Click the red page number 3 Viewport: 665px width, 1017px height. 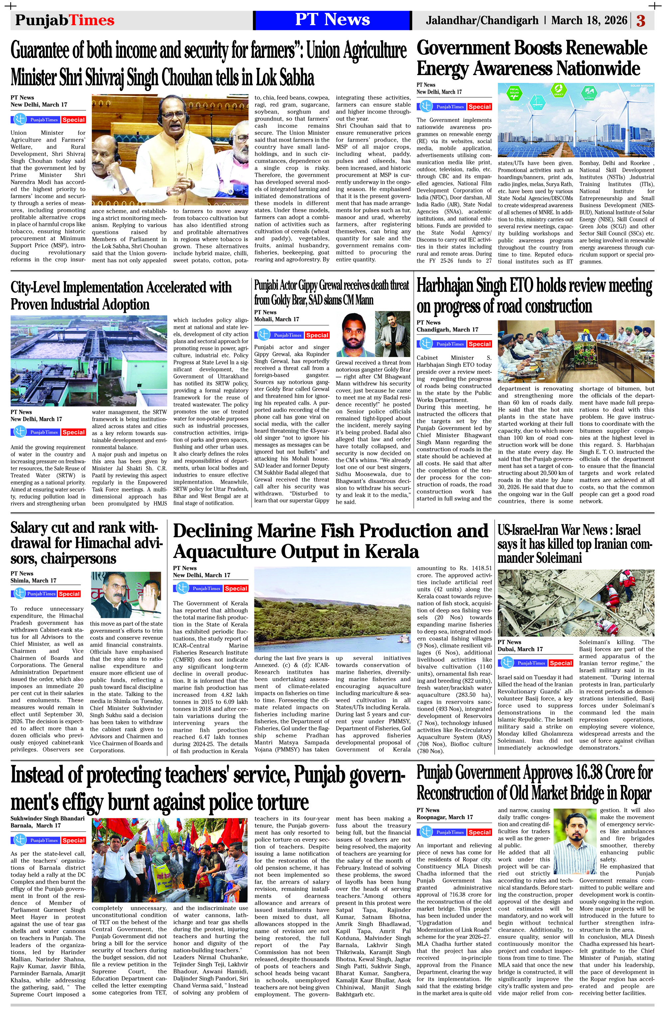click(641, 21)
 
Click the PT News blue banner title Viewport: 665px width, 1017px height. click(332, 20)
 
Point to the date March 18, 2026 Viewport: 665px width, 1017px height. click(589, 20)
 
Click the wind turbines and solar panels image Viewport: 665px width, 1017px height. click(576, 120)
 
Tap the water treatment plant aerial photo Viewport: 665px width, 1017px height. click(88, 360)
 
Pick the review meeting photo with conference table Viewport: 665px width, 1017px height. click(576, 352)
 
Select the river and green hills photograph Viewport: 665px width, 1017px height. click(332, 610)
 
